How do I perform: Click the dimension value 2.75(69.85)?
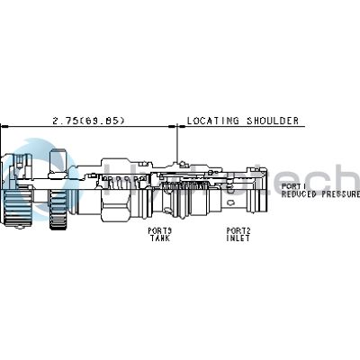(87, 120)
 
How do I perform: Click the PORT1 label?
(293, 185)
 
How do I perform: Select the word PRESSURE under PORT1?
(340, 193)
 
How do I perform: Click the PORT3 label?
(159, 229)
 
